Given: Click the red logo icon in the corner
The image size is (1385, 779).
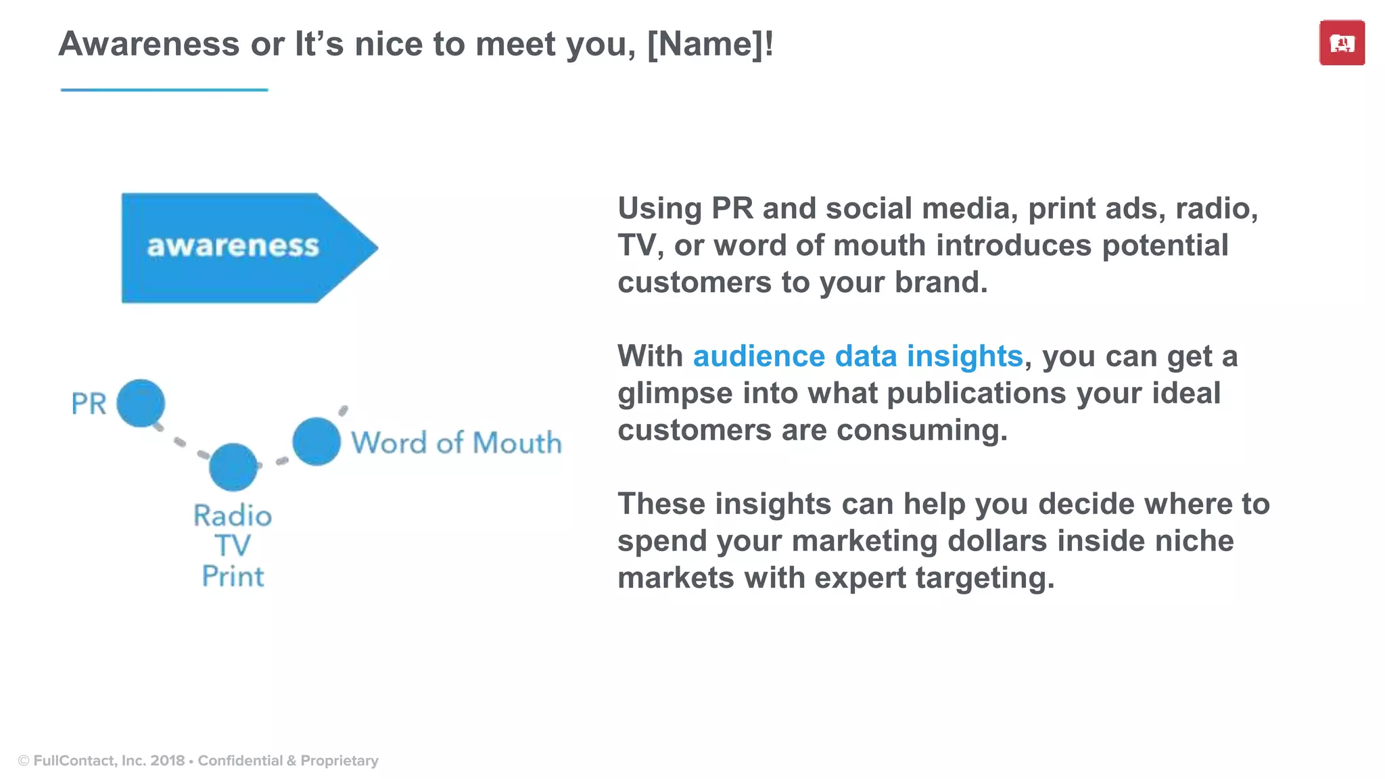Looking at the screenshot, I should (1342, 43).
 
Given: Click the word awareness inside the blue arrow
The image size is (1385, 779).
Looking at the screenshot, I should (233, 246).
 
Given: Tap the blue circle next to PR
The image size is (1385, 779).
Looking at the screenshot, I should (141, 404).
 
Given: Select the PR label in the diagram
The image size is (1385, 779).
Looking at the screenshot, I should (89, 404).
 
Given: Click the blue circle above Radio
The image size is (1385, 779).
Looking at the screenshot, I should (233, 467).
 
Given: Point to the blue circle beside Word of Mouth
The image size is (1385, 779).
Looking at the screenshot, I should (316, 442).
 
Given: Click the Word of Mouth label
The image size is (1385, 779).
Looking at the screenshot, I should (456, 443).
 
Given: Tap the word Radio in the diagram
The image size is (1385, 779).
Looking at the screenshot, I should (233, 516).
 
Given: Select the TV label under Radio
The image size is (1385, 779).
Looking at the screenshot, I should (233, 546).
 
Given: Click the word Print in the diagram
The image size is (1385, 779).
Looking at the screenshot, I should (233, 576).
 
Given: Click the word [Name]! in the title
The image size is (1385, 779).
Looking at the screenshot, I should (710, 45).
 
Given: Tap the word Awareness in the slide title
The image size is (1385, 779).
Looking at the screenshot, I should (149, 45).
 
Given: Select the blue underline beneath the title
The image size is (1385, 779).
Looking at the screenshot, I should (164, 89).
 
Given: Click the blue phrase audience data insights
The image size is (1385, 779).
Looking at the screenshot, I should (858, 356).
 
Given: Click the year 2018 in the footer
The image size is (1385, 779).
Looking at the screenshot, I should (168, 761).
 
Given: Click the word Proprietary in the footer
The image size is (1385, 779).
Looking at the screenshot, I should (339, 761).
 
